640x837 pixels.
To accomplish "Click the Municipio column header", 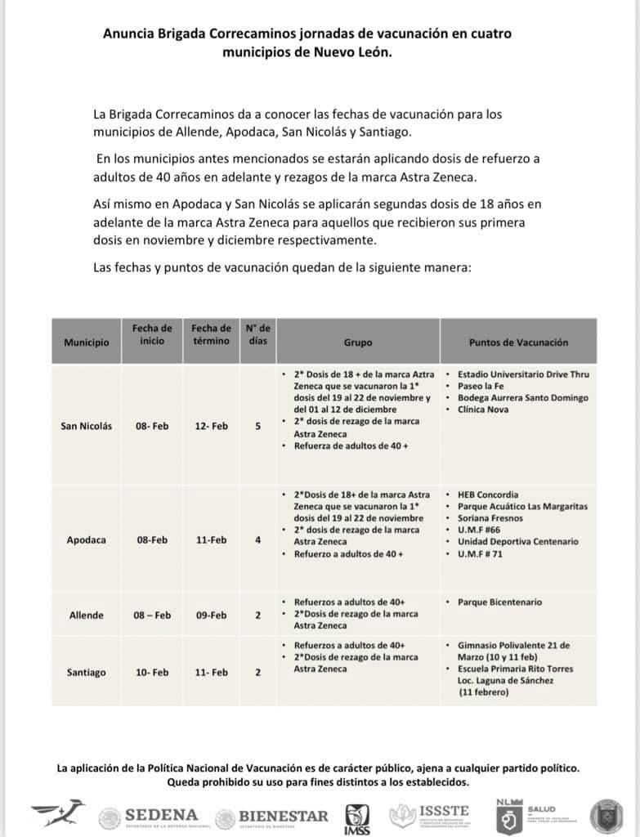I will pos(86,342).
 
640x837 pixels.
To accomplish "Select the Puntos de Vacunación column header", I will pos(518,342).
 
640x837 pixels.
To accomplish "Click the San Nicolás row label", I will pos(86,427).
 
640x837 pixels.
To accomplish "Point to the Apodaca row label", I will pos(86,540).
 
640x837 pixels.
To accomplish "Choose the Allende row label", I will pos(86,615).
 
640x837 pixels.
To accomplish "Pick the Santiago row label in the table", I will pos(86,673).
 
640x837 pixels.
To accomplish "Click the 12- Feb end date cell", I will pos(211,427).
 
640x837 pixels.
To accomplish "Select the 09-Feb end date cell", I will pos(211,615).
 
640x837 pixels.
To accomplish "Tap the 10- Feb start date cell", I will pos(153,673).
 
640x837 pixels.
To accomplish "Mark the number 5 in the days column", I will pos(257,427).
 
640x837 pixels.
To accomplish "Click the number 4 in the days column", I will pos(257,540).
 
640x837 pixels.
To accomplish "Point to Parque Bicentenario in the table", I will pos(499,602).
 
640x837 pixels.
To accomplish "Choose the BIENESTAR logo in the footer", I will pos(272,816).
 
